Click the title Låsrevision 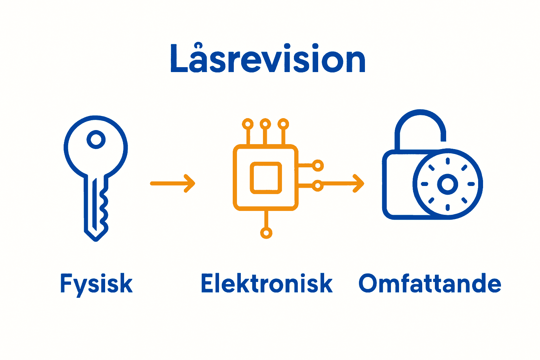[268, 60]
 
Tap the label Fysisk [96, 284]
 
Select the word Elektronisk [266, 284]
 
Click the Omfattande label [430, 284]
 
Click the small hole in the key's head [96, 140]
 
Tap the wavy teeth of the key [104, 207]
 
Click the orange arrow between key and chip [172, 184]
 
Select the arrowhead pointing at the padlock [359, 184]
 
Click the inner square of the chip [266, 178]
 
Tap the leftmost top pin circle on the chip [248, 124]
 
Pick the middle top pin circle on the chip [265, 124]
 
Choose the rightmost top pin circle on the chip [283, 124]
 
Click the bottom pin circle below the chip [266, 233]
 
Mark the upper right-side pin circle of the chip [318, 165]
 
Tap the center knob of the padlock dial [448, 184]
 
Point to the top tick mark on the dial [448, 161]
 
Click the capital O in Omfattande [368, 284]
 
